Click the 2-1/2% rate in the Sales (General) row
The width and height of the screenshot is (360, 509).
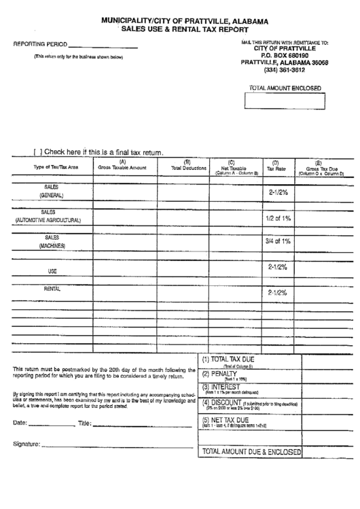click(x=278, y=192)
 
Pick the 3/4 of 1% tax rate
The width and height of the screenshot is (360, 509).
click(x=278, y=241)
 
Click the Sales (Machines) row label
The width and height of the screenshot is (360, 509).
click(x=52, y=242)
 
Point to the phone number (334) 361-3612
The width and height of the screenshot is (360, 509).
click(x=284, y=69)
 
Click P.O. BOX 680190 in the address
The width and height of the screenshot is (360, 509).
click(x=284, y=55)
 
